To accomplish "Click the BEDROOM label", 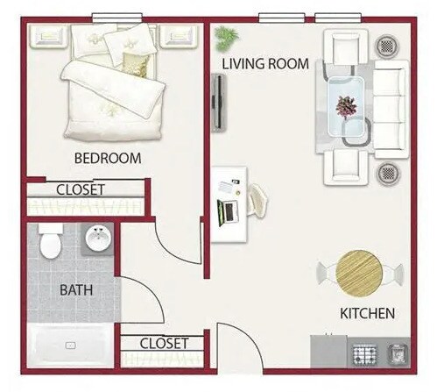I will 108,159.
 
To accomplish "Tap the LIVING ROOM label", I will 265,63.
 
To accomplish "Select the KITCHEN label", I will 368,313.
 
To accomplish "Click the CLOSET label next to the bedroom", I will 81,189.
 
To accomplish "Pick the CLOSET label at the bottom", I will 164,343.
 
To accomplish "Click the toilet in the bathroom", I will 50,240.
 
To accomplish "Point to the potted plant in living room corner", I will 227,38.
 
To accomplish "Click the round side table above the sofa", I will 386,46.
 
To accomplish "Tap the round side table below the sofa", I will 386,172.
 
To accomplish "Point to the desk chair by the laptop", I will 259,199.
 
